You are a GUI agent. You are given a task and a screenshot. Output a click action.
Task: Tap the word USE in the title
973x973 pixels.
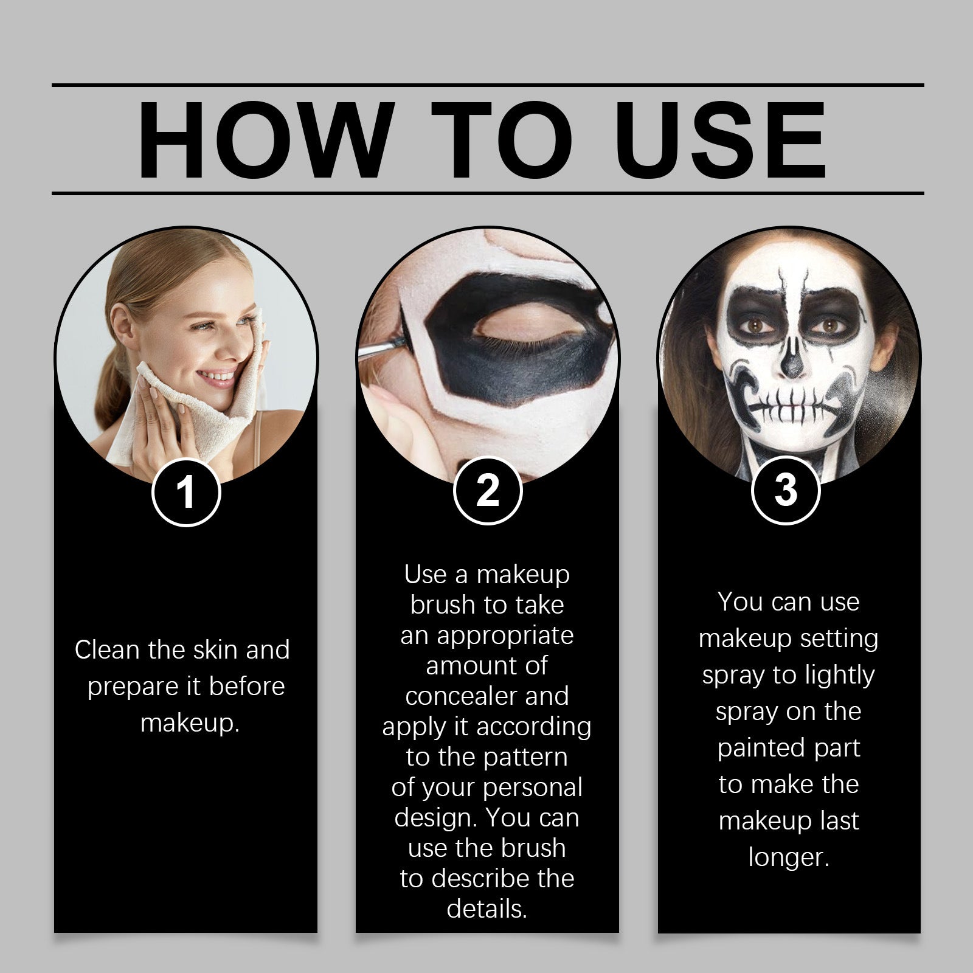click(721, 141)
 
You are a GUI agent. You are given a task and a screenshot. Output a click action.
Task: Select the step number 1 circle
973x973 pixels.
click(185, 491)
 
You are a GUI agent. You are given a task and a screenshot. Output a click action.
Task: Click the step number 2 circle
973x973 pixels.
click(487, 490)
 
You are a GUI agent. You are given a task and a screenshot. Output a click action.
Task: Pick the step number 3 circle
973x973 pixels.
click(786, 490)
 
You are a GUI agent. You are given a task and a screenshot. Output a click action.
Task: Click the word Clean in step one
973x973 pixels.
click(108, 650)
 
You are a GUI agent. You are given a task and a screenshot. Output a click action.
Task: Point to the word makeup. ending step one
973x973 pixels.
click(190, 723)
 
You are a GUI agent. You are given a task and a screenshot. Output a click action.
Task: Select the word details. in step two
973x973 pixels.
click(487, 909)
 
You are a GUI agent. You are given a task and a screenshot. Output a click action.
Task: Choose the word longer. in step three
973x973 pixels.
click(789, 857)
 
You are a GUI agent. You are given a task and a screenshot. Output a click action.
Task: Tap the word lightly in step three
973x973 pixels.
click(839, 675)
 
